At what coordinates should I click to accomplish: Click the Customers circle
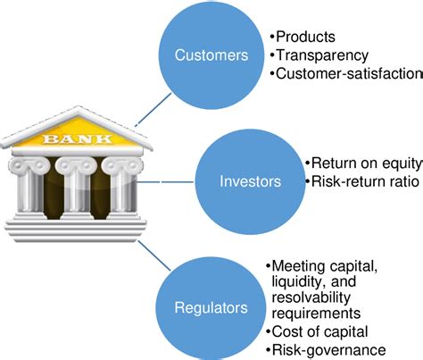211,56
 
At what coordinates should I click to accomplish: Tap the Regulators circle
211,307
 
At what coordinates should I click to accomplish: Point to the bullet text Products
303,37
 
